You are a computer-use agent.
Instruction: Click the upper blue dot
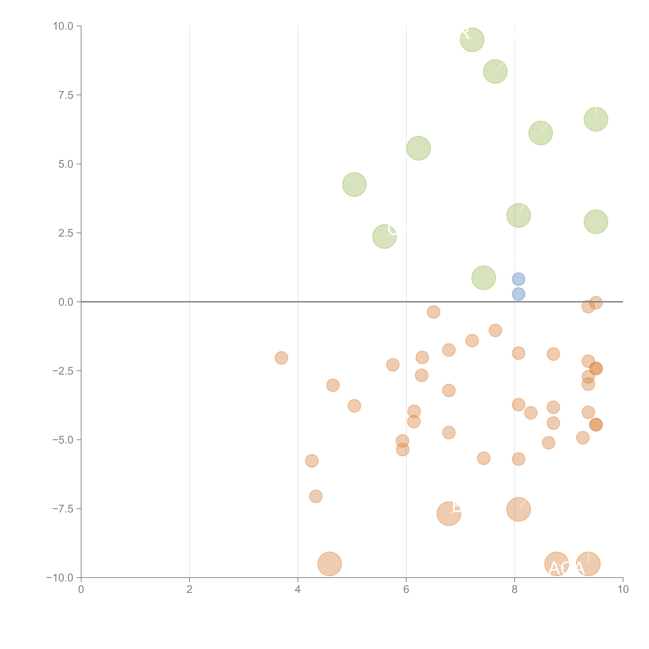(518, 279)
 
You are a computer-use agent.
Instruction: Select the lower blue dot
(518, 294)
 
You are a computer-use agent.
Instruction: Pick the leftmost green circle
(354, 184)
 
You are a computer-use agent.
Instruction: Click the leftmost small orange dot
(281, 358)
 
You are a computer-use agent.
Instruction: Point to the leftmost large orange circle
(329, 564)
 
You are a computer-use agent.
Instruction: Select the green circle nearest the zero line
(483, 278)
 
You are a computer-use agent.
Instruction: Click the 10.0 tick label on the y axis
(63, 26)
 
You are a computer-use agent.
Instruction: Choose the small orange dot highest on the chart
(596, 303)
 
